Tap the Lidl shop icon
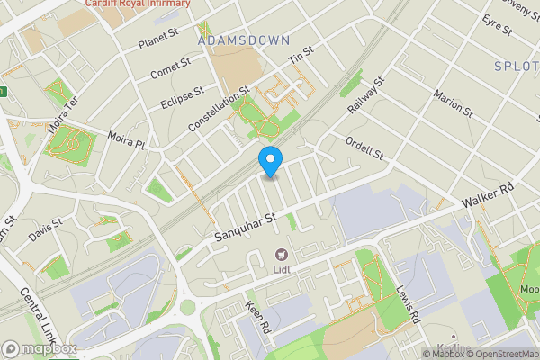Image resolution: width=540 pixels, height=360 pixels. tap(282, 255)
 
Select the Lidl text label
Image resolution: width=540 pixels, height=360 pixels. tap(282, 268)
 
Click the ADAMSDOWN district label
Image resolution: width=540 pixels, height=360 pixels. tap(243, 40)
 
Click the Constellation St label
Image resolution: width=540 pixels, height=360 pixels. tap(220, 110)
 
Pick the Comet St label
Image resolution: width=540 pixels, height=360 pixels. tap(171, 67)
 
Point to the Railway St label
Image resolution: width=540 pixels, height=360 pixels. tap(366, 94)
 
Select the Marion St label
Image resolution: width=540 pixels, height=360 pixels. tap(454, 103)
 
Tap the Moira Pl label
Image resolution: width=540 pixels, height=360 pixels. tap(126, 140)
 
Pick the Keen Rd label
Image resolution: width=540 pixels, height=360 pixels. tap(256, 319)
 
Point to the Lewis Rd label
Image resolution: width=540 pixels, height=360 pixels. tap(407, 303)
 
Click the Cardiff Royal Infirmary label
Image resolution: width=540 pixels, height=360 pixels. tap(138, 4)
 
